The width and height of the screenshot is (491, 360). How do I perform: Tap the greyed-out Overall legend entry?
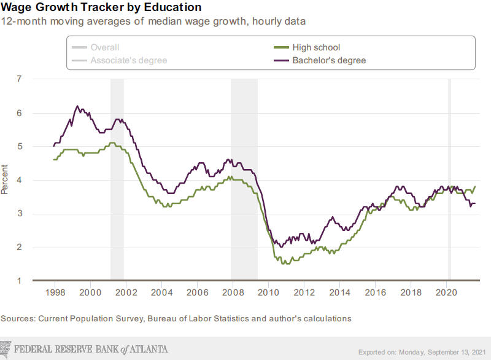(104, 47)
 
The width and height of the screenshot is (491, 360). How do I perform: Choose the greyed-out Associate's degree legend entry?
(128, 60)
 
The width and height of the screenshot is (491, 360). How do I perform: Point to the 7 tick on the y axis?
(19, 79)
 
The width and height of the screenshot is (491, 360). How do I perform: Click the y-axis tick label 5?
(19, 146)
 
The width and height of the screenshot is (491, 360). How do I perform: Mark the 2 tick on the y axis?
(19, 247)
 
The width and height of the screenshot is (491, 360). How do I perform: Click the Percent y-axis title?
(6, 179)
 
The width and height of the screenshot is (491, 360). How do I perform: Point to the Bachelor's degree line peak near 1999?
(77, 106)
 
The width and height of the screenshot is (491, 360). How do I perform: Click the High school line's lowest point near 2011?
(283, 264)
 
